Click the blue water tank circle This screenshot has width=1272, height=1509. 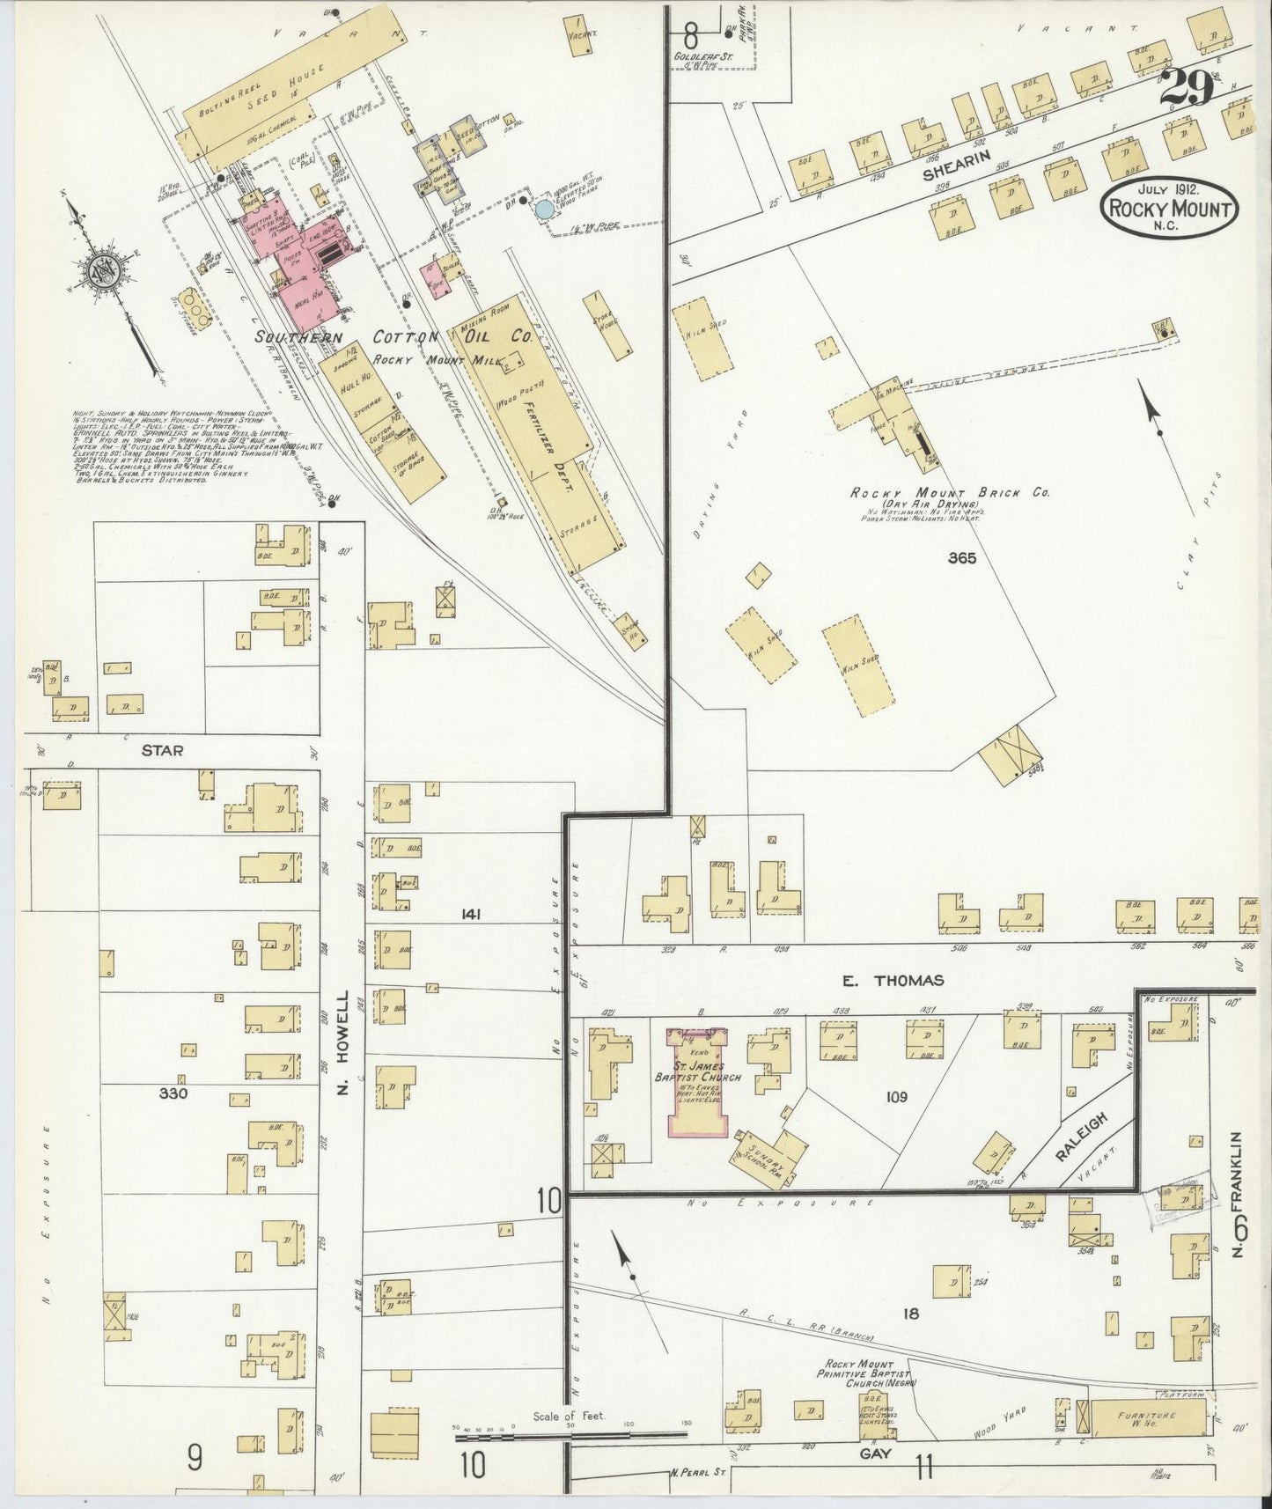[x=545, y=209]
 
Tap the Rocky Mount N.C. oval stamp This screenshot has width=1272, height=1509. [x=1170, y=209]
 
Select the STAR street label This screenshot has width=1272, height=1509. [x=162, y=751]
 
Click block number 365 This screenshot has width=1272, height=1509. [x=962, y=557]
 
